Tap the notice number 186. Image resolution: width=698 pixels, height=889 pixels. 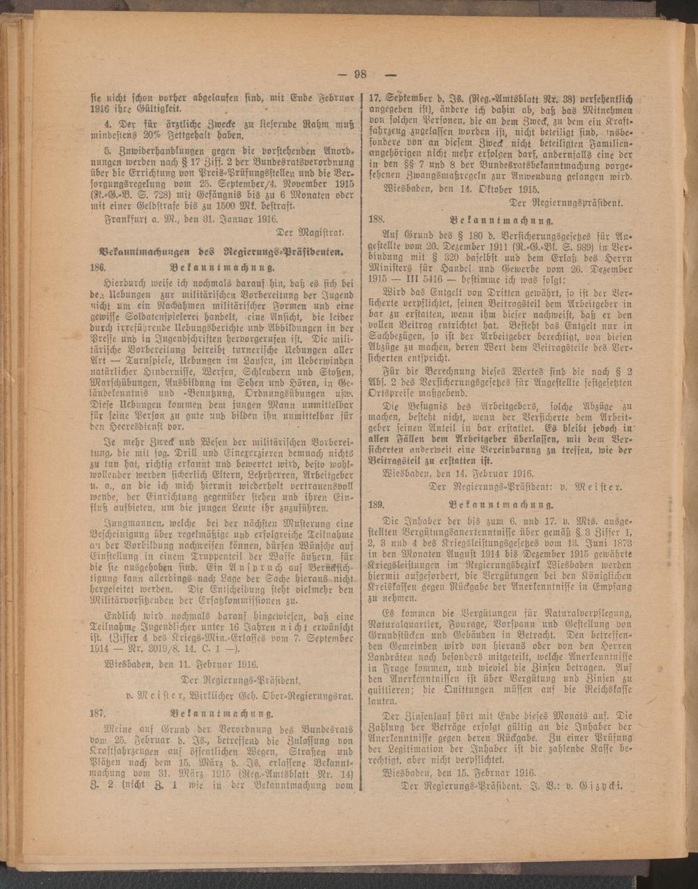pyautogui.click(x=96, y=268)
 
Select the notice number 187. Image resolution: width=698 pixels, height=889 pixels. pyautogui.click(x=96, y=713)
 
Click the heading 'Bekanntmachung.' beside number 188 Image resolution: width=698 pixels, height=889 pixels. pyautogui.click(x=502, y=217)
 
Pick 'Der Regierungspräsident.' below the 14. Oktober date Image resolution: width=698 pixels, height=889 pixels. pyautogui.click(x=572, y=202)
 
